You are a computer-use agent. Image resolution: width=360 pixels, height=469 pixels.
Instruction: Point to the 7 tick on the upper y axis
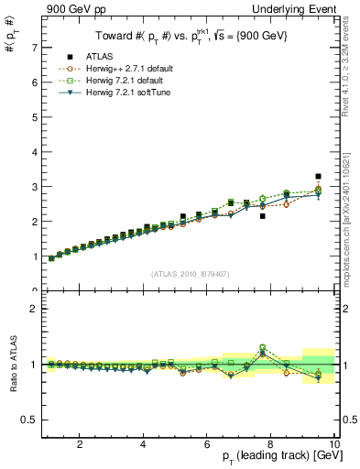pos(33,48)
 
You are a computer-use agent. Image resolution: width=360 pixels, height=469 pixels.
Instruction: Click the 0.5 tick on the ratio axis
pos(28,420)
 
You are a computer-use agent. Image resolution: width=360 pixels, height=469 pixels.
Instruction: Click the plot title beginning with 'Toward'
pos(189,37)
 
